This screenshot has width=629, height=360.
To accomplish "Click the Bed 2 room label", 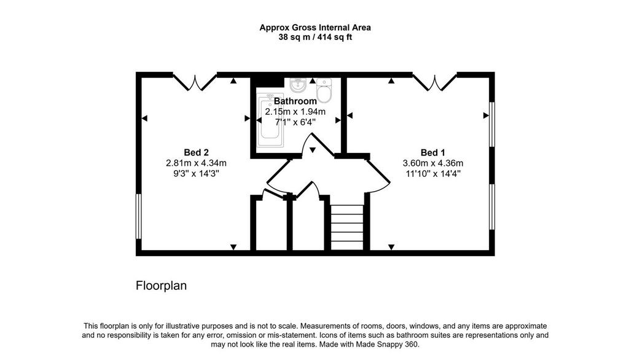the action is (x=196, y=152).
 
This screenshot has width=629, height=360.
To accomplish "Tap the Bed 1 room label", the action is (x=433, y=152).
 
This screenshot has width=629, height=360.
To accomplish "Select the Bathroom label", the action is (x=295, y=101).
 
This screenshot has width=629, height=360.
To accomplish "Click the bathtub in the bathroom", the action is (x=270, y=120).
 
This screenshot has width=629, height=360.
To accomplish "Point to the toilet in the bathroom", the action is (x=324, y=90).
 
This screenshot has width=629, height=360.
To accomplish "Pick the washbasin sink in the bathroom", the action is (x=298, y=85).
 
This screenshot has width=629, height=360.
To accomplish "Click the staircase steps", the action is (x=347, y=227).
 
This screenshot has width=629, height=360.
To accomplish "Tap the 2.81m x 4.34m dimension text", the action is (x=196, y=163).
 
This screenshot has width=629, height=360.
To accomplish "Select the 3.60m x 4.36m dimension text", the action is (x=433, y=163).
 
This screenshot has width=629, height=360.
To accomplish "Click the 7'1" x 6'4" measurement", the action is (x=295, y=122).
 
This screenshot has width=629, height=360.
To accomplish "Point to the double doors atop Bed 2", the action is (x=195, y=82).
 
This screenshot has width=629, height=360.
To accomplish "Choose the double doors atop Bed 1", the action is (x=435, y=82).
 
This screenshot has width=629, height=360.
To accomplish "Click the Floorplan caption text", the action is (x=162, y=286).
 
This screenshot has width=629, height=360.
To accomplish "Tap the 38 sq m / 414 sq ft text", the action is (x=315, y=37).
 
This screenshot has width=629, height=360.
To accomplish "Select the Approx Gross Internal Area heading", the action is (x=315, y=28).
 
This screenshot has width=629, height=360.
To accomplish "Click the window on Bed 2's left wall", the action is (x=138, y=216).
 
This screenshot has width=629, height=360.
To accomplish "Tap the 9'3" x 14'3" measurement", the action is (x=196, y=173).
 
